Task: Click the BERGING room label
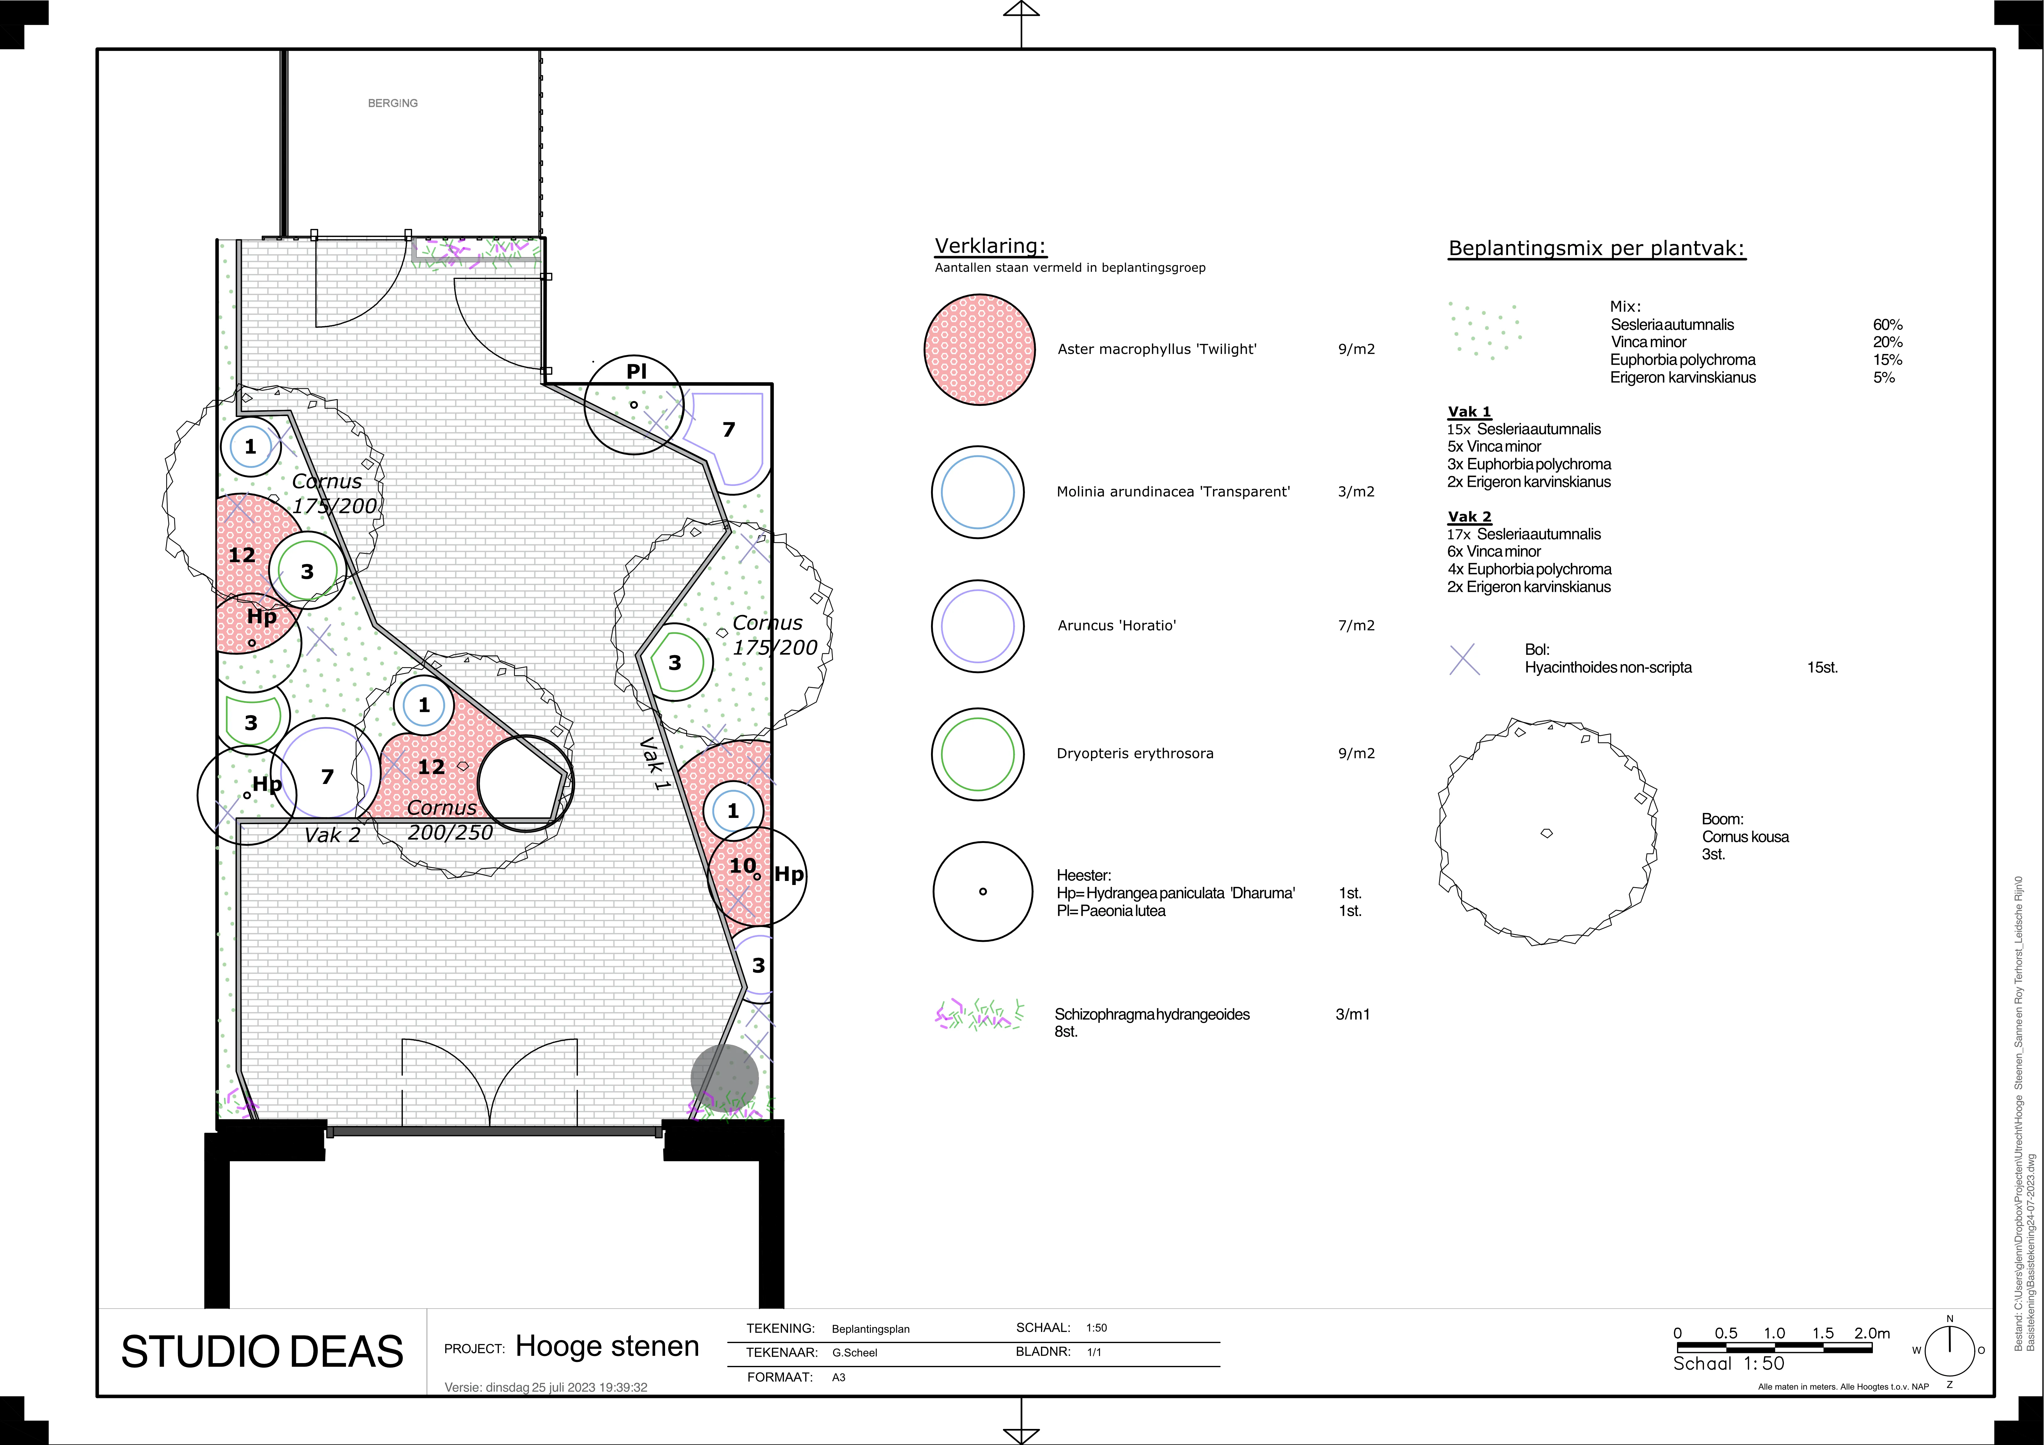[393, 103]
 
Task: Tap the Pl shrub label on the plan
[637, 371]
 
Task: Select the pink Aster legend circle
[979, 350]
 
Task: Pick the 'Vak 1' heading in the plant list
[1469, 411]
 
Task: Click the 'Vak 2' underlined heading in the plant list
[1469, 516]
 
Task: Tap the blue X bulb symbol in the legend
[1465, 660]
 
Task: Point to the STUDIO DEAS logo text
[262, 1351]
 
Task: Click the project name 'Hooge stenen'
[607, 1346]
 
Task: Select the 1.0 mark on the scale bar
[1774, 1333]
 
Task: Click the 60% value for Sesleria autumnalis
[1887, 325]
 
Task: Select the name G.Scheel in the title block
[855, 1352]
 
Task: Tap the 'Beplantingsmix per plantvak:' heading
[1597, 248]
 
